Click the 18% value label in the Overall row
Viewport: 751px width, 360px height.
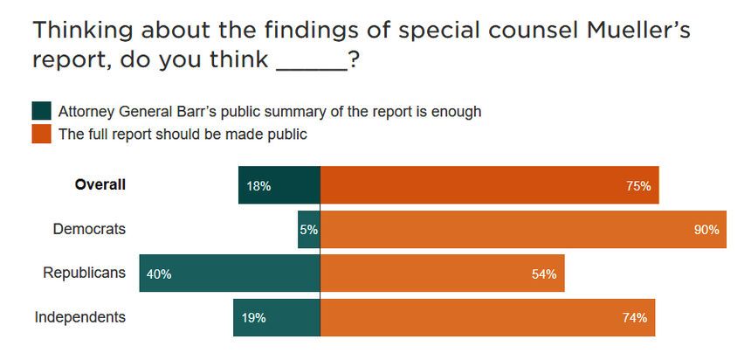[x=259, y=186]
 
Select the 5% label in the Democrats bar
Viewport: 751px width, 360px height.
[x=309, y=230]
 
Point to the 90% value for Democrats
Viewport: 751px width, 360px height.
[x=706, y=230]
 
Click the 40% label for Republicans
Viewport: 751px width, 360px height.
[x=159, y=274]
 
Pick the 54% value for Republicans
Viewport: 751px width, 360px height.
[x=544, y=274]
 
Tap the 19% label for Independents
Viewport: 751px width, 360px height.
[x=254, y=318]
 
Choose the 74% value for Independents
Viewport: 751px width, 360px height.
[x=635, y=318]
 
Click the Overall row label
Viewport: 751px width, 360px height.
[x=100, y=184]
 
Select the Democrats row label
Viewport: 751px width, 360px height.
[x=89, y=229]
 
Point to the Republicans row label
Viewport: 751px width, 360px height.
[x=85, y=273]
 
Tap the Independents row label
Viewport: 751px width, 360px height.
[x=80, y=316]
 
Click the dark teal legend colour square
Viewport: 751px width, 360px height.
[x=41, y=112]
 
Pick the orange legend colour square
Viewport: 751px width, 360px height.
[x=41, y=135]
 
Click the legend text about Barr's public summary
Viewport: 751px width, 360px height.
[x=270, y=112]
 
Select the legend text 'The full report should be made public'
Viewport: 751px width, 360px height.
[x=183, y=135]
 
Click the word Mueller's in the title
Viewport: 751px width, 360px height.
[x=617, y=32]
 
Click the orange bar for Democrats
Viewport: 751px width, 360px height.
[x=506, y=230]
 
